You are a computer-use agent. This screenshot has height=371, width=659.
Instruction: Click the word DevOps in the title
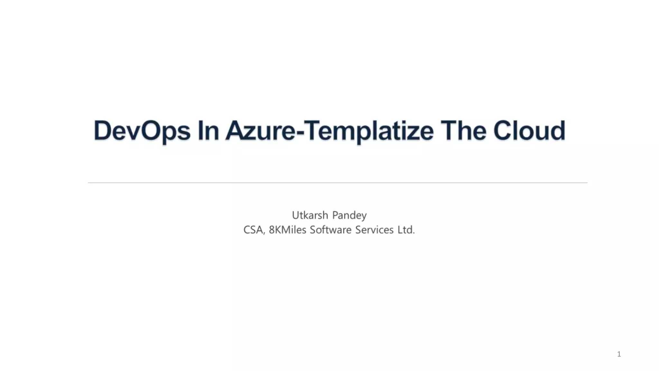coord(142,131)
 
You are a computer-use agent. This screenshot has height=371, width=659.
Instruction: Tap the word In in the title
coord(209,131)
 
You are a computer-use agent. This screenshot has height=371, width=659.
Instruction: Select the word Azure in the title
coord(260,131)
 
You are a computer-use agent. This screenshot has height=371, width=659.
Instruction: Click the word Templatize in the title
coord(368,131)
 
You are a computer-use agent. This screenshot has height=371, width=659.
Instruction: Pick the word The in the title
coord(463,131)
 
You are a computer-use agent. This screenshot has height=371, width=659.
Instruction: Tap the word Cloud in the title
coord(529,131)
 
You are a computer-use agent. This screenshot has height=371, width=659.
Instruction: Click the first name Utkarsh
coord(310,215)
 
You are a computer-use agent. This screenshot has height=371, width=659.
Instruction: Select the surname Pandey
coord(349,215)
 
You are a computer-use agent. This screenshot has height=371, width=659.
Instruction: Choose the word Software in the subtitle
coord(330,230)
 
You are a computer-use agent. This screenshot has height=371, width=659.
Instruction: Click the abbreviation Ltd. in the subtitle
coord(406,230)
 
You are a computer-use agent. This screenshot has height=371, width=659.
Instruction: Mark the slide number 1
coord(619,354)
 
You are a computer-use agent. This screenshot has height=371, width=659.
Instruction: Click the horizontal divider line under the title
coord(337,183)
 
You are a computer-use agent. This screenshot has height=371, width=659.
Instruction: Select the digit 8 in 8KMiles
coord(272,230)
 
